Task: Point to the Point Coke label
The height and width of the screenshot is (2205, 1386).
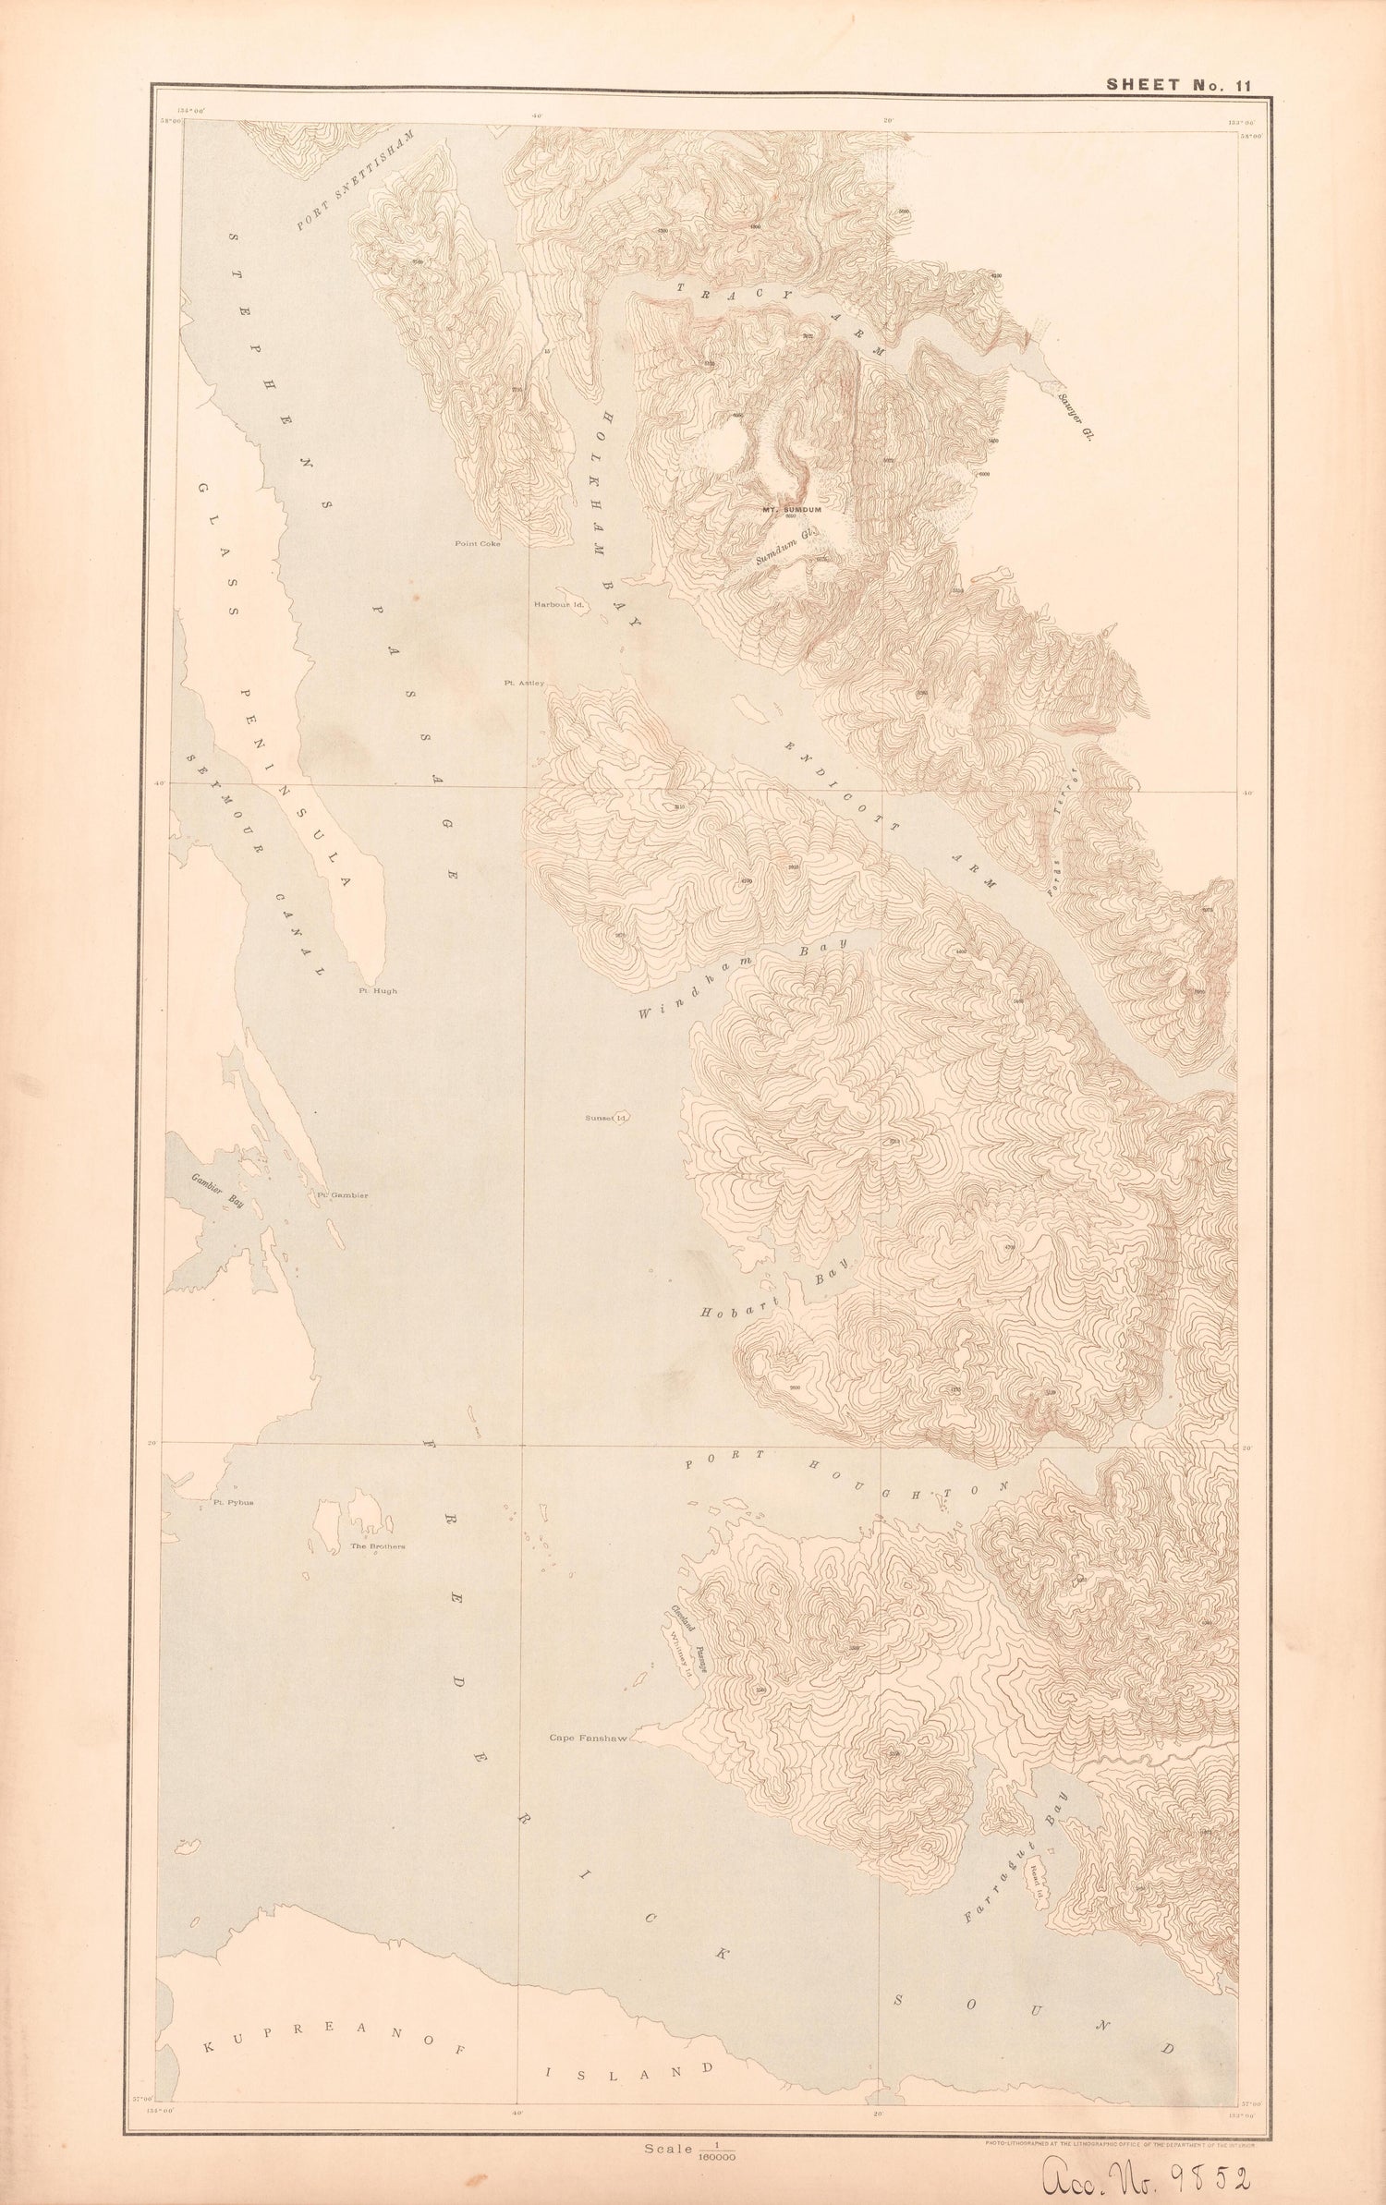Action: point(478,544)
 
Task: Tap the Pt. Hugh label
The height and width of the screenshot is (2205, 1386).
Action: point(378,991)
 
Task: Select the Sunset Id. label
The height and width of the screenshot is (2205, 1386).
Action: point(606,1118)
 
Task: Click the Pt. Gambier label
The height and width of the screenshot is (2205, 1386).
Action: point(343,1196)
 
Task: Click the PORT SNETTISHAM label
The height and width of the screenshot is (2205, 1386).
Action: point(356,181)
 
